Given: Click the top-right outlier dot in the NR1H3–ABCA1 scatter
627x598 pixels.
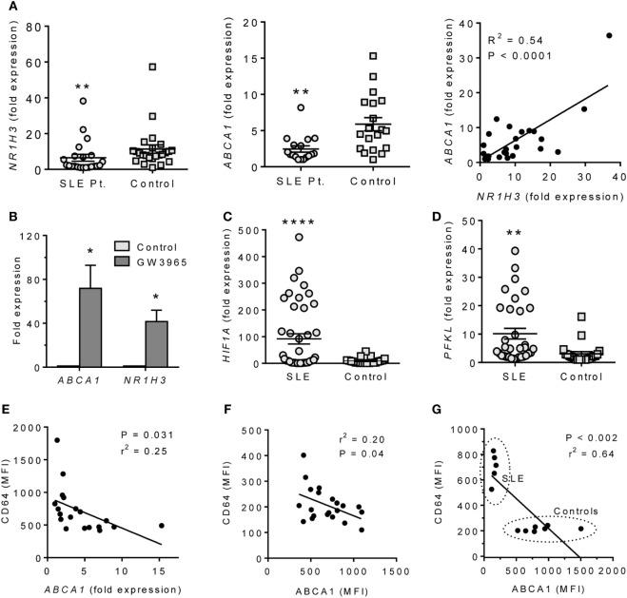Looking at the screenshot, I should pyautogui.click(x=609, y=36).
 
